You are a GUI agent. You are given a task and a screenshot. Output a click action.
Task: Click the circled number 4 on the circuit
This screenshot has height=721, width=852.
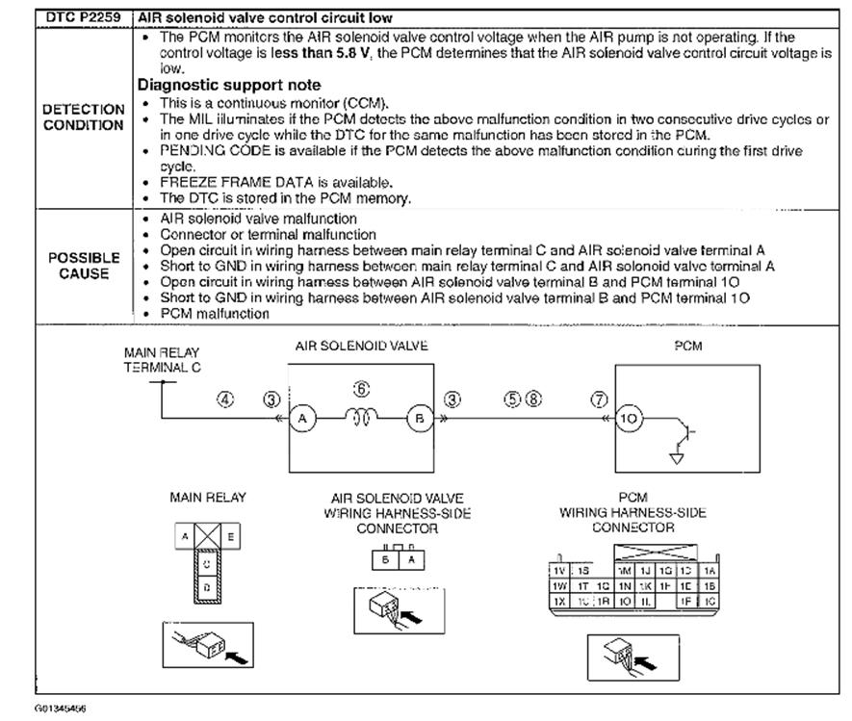point(225,399)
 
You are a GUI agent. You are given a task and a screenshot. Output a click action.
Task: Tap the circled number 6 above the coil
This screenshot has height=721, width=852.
point(362,389)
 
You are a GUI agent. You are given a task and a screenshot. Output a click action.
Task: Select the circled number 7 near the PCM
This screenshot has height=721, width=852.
point(600,399)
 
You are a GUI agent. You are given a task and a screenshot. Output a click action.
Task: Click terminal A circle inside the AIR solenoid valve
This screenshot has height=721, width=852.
point(303,419)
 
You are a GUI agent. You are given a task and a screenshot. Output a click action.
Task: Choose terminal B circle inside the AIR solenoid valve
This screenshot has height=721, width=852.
point(419,419)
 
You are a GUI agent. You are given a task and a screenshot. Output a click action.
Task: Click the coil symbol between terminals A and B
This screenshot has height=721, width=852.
point(361,419)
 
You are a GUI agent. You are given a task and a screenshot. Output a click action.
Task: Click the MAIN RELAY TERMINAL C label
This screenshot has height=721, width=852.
point(162,361)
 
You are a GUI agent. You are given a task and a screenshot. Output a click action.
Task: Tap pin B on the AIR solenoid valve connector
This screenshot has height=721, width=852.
point(385,557)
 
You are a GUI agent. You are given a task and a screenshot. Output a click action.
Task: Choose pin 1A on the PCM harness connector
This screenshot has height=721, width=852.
point(710,570)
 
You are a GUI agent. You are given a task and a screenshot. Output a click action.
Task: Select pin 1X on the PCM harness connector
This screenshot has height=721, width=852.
point(557,600)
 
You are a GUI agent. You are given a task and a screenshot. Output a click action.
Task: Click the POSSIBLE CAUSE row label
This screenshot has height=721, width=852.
point(84,266)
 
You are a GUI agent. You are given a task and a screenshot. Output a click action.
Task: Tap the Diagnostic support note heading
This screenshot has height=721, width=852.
point(230,85)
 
